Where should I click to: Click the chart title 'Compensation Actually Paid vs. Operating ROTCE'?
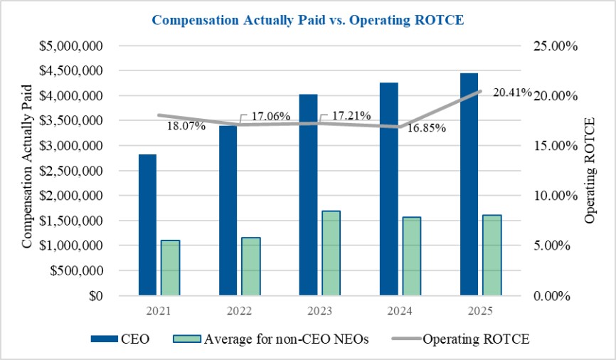(308, 20)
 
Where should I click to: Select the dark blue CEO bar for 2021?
(147, 224)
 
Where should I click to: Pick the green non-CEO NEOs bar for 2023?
(331, 253)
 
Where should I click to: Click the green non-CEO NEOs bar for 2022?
(250, 266)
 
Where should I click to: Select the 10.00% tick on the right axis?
(553, 196)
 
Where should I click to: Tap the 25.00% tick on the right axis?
(553, 46)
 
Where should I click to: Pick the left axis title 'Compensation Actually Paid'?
(27, 166)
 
